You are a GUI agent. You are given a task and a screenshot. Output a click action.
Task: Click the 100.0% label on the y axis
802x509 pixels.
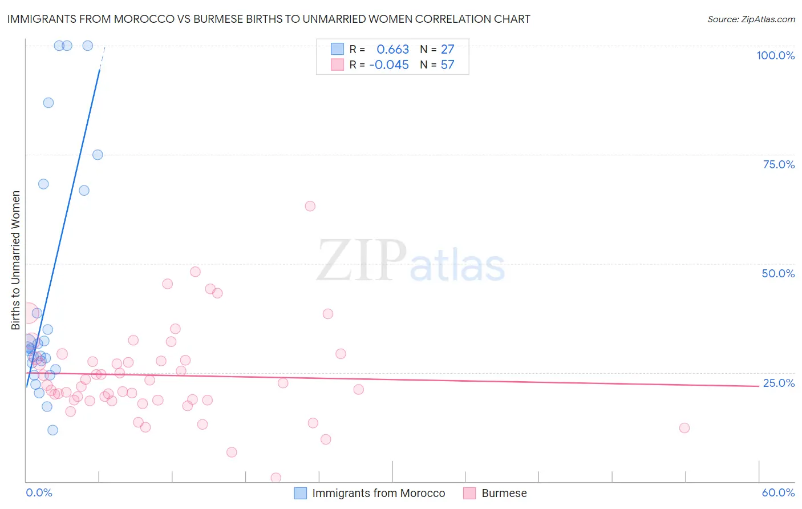pos(775,55)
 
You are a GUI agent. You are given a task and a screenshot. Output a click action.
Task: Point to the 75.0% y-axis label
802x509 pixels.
pos(779,164)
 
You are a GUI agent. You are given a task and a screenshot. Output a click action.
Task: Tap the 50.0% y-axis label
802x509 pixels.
pos(778,273)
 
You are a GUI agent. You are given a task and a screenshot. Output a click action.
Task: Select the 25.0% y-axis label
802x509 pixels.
pos(779,383)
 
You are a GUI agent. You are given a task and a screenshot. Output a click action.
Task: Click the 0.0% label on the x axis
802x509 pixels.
pos(39,492)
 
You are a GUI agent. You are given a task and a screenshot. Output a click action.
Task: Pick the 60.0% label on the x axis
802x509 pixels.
pos(778,492)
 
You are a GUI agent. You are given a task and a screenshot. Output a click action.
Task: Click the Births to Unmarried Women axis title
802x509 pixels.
pos(16,260)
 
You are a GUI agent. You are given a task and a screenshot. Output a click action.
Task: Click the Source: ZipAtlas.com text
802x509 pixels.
pos(751,19)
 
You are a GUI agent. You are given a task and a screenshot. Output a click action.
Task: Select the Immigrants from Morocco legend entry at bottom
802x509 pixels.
pos(378,493)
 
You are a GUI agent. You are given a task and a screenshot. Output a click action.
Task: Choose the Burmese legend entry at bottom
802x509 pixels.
pos(504,493)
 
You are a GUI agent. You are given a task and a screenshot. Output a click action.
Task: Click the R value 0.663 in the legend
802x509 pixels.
pos(392,49)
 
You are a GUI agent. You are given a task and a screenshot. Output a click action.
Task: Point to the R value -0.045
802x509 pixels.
pos(389,65)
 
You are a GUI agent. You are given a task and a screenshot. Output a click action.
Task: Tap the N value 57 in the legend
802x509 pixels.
pos(447,65)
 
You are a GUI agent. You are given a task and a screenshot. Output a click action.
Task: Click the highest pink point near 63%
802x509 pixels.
pos(310,206)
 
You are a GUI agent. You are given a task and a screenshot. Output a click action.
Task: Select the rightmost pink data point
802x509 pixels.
pos(684,428)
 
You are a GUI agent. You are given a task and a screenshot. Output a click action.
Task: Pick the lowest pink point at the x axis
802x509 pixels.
pos(276,478)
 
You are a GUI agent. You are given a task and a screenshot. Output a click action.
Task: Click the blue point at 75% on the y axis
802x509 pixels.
pos(98,155)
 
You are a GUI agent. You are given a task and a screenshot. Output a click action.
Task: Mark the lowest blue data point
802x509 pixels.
pos(52,430)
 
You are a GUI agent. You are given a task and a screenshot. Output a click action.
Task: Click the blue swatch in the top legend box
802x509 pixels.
pos(337,49)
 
